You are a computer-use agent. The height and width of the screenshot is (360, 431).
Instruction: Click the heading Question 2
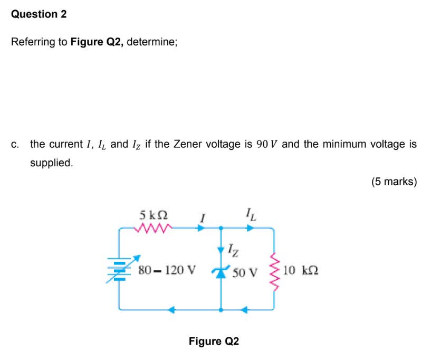coord(39,14)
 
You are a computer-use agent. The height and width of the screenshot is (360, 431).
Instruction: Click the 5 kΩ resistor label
coord(154,215)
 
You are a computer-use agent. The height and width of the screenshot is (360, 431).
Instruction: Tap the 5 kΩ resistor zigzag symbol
coord(154,228)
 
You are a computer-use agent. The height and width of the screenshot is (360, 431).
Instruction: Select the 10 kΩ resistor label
coord(300,271)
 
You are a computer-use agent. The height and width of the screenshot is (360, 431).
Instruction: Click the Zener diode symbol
coord(220,271)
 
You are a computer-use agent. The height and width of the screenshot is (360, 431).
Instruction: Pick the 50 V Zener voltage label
coord(245,273)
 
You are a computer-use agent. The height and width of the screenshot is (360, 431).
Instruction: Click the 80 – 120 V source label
coord(166,271)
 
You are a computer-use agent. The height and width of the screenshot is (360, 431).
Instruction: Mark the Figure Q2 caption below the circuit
coord(214,341)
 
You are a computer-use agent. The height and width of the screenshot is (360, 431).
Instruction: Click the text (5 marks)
coord(394,182)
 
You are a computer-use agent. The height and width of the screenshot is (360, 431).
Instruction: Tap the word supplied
coord(51,163)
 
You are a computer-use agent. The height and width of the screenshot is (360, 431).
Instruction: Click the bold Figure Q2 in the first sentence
coord(97,42)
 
